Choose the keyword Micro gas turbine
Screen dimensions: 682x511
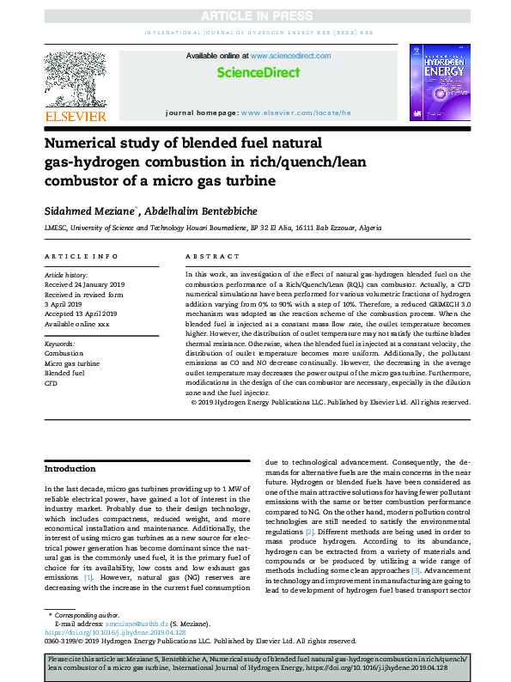tap(72, 363)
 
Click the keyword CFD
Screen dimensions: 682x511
tap(51, 383)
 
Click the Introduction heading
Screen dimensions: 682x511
tap(70, 469)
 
